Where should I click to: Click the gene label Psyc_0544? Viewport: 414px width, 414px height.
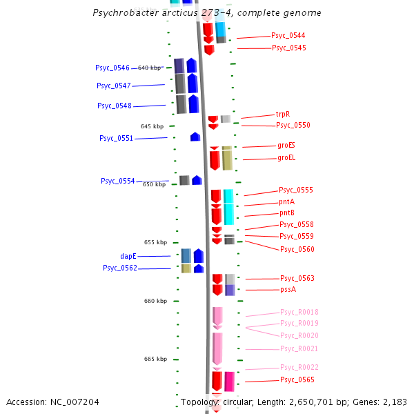click(288, 35)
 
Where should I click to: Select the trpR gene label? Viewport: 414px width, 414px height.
click(283, 114)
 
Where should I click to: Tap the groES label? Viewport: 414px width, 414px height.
click(286, 145)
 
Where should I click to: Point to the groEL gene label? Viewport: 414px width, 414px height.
click(286, 157)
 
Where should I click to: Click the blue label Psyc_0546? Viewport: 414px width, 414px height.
click(112, 68)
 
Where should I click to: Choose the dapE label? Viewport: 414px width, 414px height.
click(128, 256)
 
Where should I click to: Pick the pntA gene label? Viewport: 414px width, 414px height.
click(287, 201)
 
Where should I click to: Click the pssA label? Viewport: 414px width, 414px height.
click(288, 290)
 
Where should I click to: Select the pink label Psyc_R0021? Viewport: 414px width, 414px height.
click(299, 348)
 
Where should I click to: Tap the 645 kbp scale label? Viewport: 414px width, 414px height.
click(152, 126)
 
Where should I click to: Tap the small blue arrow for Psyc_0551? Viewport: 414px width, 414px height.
click(195, 137)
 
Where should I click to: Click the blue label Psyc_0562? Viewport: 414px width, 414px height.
click(120, 268)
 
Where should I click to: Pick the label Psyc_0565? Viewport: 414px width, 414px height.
click(297, 379)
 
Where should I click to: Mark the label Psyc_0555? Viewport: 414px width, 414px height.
click(296, 190)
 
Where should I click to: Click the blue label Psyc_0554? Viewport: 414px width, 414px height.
click(117, 181)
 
